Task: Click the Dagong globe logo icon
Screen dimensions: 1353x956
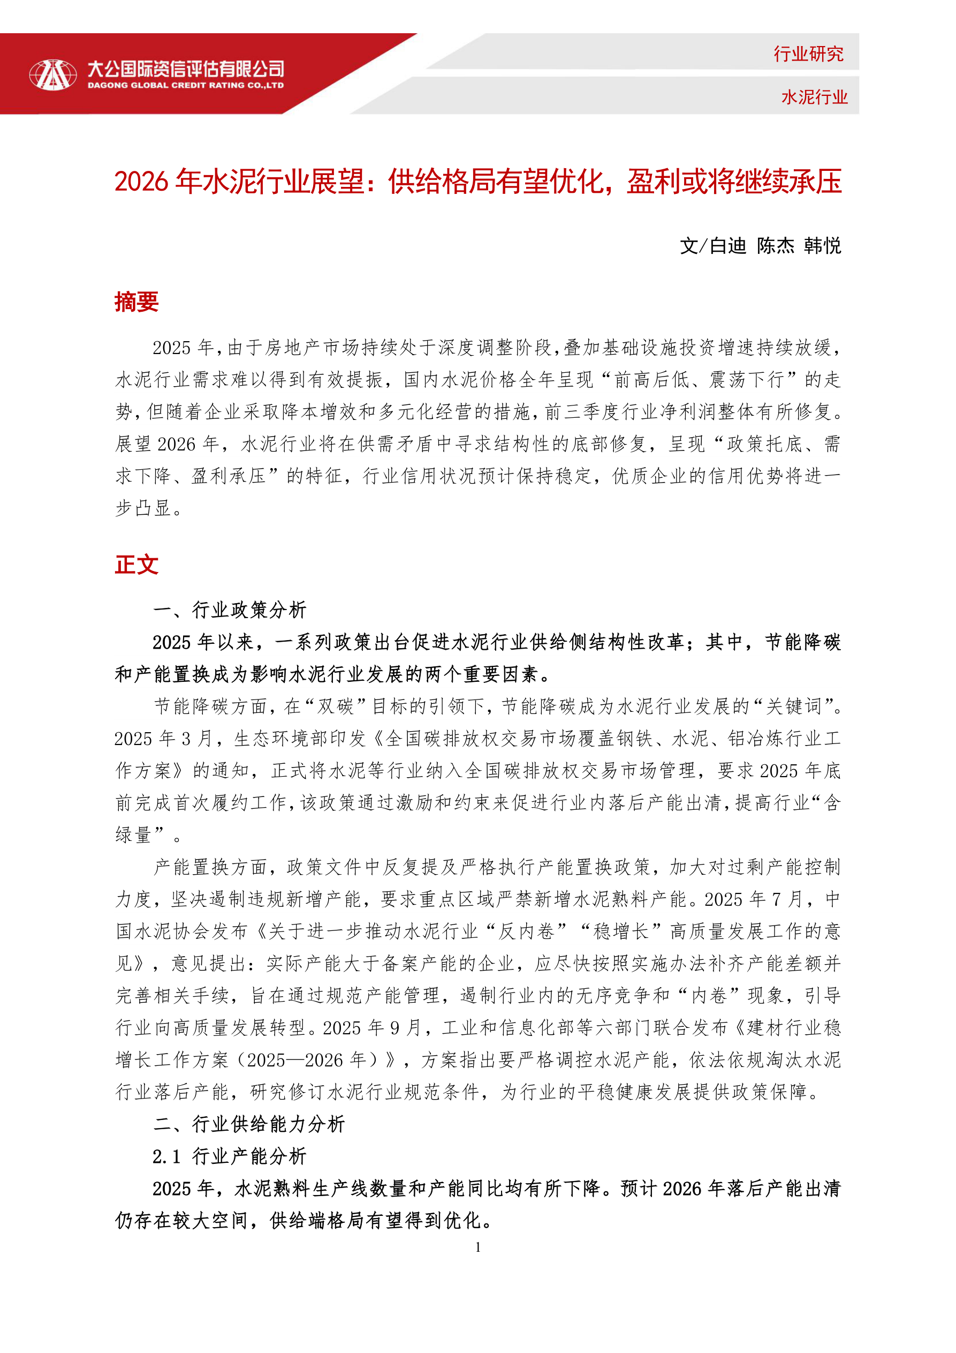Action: (x=52, y=75)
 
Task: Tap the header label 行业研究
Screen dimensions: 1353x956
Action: (x=808, y=54)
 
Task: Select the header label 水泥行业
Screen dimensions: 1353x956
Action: (x=814, y=97)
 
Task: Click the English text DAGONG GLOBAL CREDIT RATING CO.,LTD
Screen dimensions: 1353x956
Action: (x=186, y=86)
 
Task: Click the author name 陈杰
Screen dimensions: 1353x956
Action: (x=775, y=246)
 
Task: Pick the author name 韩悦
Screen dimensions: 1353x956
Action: (x=822, y=246)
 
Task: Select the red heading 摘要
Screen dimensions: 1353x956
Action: (x=136, y=302)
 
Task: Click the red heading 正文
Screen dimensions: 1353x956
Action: (x=136, y=565)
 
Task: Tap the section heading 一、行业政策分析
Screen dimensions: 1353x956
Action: (x=230, y=610)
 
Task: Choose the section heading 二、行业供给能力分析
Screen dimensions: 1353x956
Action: (x=248, y=1124)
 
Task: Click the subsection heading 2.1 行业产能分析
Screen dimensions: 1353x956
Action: (x=230, y=1156)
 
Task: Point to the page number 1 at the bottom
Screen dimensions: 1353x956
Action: (x=477, y=1247)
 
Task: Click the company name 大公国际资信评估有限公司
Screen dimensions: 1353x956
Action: (x=186, y=69)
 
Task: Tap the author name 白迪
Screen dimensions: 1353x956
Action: (x=728, y=246)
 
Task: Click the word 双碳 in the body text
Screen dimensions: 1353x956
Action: (x=335, y=706)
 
